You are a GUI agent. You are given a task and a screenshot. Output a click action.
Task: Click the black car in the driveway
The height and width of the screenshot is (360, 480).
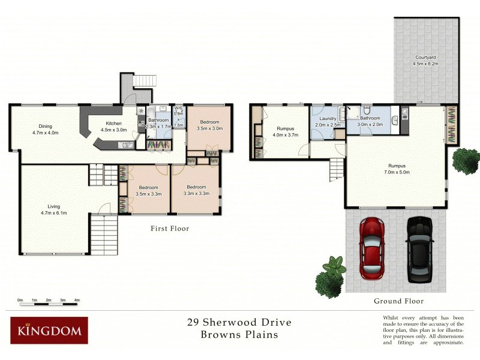pos(419,249)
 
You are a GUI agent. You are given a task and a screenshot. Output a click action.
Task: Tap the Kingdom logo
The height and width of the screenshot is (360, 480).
pos(49,331)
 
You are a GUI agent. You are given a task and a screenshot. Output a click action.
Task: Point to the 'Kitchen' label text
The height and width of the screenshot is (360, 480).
pos(114,124)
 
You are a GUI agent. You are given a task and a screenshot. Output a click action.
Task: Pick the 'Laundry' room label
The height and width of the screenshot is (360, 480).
pos(327,119)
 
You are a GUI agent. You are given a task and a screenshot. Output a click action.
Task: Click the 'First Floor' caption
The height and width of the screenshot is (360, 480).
pos(170,229)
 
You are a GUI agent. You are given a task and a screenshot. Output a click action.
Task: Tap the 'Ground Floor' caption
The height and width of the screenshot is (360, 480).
pos(398,301)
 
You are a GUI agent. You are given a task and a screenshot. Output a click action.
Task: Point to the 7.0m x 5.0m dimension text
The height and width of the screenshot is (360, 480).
pos(397,172)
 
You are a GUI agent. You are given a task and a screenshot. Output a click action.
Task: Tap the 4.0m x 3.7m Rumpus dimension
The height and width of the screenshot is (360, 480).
pos(285,134)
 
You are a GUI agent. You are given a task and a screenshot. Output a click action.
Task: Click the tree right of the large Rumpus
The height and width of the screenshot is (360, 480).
pos(465,160)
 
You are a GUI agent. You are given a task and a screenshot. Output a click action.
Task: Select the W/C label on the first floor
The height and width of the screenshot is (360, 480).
pos(178,108)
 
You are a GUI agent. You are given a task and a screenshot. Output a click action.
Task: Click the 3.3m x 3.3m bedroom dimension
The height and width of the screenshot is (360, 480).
pos(196,193)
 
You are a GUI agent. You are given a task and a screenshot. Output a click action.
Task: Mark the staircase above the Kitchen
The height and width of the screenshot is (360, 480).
pos(142,80)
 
